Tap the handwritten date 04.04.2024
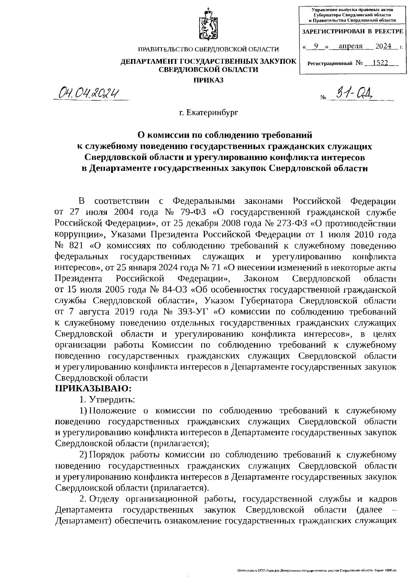tap(90, 93)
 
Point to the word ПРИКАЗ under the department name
tap(208, 80)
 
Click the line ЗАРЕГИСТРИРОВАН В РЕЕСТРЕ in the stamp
tap(353, 32)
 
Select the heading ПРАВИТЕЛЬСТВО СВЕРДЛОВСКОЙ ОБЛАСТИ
tap(208, 50)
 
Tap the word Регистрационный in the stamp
tap(330, 63)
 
